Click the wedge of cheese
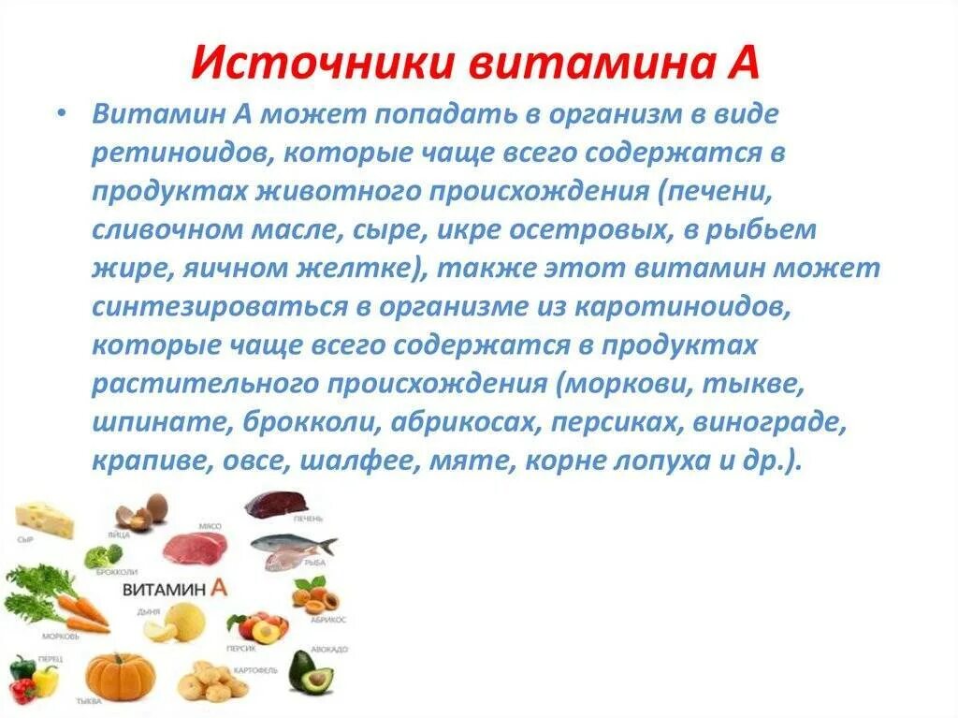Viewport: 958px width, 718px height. tap(45, 520)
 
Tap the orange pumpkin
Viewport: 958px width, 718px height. tap(121, 674)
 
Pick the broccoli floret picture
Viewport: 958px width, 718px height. tap(101, 556)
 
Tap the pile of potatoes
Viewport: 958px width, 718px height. tap(211, 681)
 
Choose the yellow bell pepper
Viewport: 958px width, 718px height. tap(45, 680)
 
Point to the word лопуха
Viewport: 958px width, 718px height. tap(660, 462)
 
